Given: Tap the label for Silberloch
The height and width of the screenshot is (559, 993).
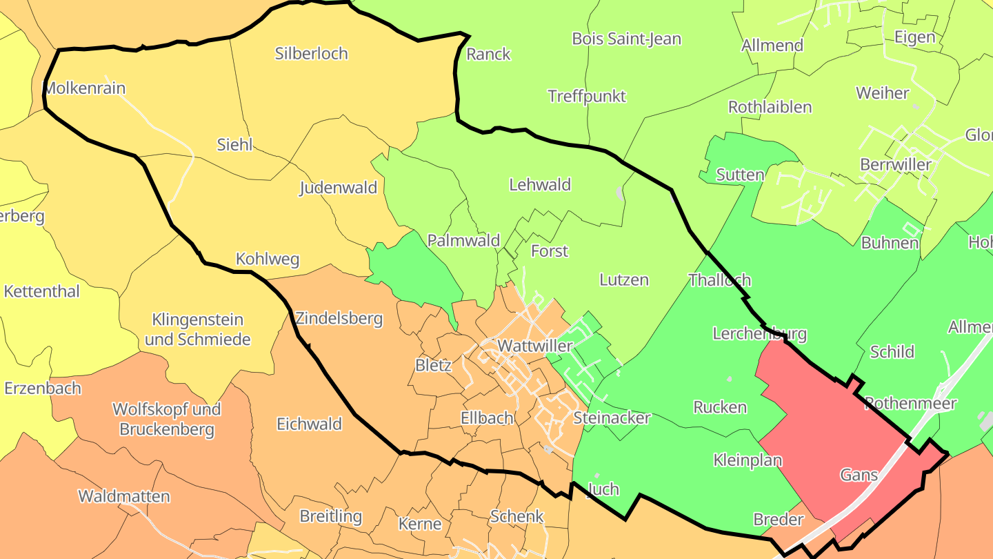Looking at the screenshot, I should (x=311, y=54).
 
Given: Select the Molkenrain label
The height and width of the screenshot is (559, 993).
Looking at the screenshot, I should (x=85, y=88).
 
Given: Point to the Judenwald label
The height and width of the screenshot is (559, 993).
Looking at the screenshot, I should (x=338, y=188).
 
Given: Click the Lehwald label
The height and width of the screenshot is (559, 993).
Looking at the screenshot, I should (x=540, y=185).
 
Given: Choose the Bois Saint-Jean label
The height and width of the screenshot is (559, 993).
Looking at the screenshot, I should (x=626, y=39).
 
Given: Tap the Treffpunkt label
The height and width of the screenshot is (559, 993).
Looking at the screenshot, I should (x=586, y=96).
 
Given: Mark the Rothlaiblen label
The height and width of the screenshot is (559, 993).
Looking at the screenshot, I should (x=770, y=108).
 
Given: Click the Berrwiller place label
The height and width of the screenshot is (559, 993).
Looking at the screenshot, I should (x=895, y=164).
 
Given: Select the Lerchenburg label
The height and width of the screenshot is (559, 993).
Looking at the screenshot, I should (x=759, y=334).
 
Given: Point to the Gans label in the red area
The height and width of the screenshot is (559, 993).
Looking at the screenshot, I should (x=859, y=475).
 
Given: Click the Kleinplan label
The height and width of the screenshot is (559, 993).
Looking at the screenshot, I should (x=748, y=460).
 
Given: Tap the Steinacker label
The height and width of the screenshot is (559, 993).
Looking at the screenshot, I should (x=612, y=418).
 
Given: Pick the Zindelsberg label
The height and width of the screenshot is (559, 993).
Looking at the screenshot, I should (x=339, y=319).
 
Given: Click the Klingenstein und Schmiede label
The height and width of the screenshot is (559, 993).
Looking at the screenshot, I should (x=198, y=330).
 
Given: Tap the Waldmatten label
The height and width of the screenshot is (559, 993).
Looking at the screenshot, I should (x=123, y=496).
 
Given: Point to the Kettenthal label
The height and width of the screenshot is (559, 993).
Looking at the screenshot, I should (x=41, y=291).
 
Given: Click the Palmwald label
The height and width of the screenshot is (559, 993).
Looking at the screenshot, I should (x=463, y=241).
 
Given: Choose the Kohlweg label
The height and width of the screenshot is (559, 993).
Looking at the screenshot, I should (x=268, y=259).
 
